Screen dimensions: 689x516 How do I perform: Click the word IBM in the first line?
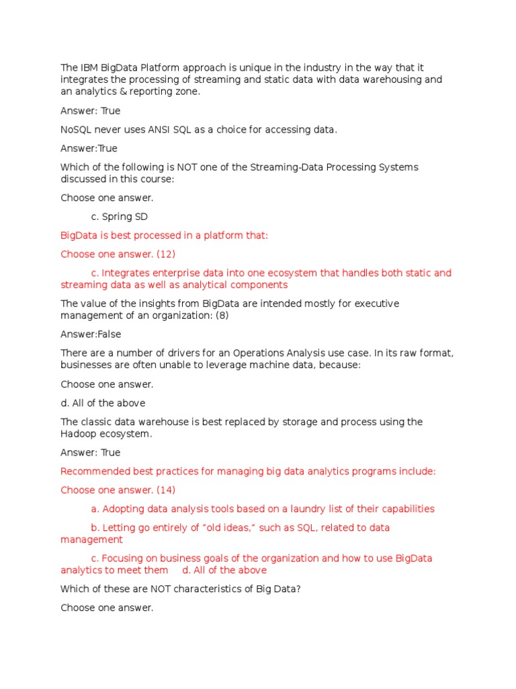pyautogui.click(x=89, y=68)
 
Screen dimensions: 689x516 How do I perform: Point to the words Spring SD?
pyautogui.click(x=124, y=217)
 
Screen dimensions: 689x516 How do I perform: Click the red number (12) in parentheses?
pyautogui.click(x=165, y=254)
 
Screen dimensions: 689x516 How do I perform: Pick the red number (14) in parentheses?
pyautogui.click(x=165, y=490)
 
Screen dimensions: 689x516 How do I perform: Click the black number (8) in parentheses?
pyautogui.click(x=222, y=316)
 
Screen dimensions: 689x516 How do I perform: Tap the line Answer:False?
pyautogui.click(x=91, y=334)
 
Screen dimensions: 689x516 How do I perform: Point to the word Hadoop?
pyautogui.click(x=78, y=434)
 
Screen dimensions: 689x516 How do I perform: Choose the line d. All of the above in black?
pyautogui.click(x=103, y=403)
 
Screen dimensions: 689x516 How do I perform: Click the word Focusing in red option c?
pyautogui.click(x=123, y=558)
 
